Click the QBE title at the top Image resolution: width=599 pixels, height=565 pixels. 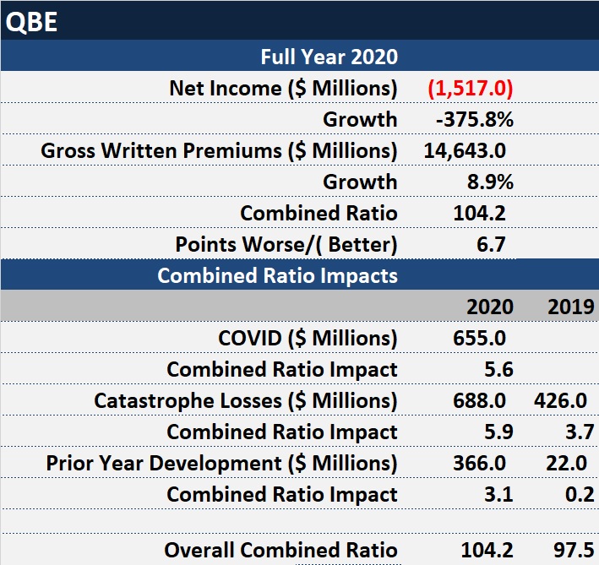click(x=31, y=21)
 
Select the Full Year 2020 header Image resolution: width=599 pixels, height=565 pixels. click(x=329, y=57)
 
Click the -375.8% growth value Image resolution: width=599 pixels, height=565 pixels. click(x=474, y=119)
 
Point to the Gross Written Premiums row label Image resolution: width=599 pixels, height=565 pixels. click(x=219, y=150)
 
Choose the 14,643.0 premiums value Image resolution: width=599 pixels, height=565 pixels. click(x=465, y=150)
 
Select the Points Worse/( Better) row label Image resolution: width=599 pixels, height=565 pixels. click(x=286, y=244)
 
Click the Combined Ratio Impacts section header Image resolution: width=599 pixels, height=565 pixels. click(x=277, y=275)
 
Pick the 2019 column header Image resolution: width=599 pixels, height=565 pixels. click(x=570, y=306)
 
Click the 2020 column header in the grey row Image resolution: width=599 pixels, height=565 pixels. click(x=489, y=306)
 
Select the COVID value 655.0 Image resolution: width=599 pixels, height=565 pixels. click(x=481, y=338)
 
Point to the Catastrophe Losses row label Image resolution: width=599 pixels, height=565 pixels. click(x=245, y=400)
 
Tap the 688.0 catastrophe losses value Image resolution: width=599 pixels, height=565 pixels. click(x=481, y=400)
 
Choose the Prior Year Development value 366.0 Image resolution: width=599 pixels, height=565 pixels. click(x=481, y=463)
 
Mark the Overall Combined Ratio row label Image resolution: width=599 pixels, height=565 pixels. click(x=280, y=550)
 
